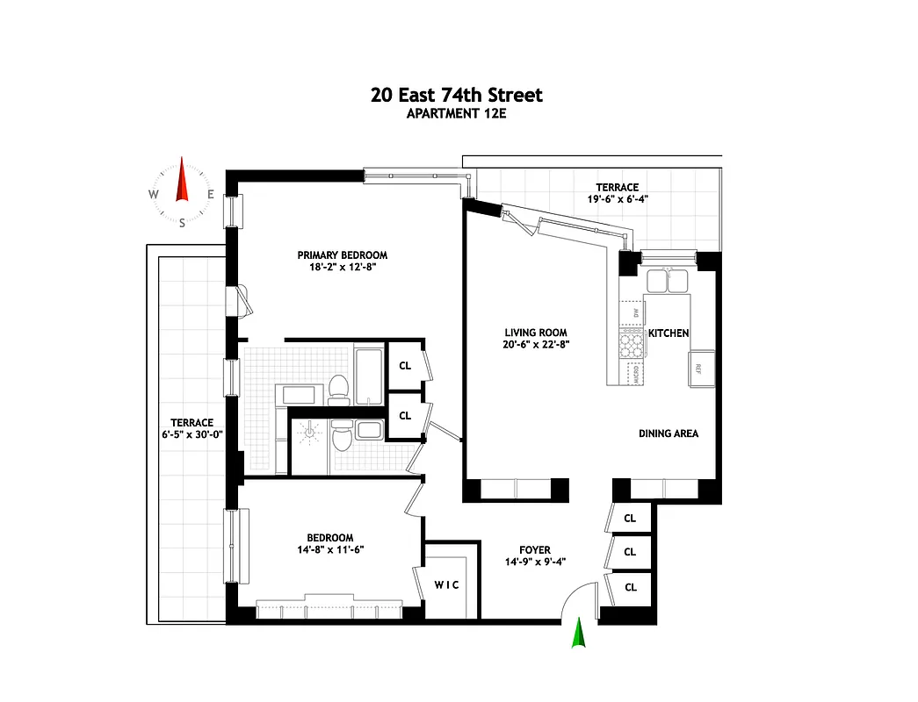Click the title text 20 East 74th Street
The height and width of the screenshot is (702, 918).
click(457, 95)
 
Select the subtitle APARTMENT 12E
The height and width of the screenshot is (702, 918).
click(457, 113)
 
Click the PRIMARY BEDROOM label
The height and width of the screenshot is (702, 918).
click(342, 255)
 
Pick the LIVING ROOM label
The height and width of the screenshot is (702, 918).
click(535, 333)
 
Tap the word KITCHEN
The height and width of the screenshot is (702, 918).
click(669, 333)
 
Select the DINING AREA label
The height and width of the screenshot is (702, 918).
click(668, 433)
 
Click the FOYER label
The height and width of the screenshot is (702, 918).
click(535, 550)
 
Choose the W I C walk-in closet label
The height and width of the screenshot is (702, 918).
click(448, 585)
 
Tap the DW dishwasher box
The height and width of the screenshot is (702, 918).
click(632, 313)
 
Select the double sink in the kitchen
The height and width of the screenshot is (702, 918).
click(666, 281)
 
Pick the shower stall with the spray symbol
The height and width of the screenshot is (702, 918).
click(309, 433)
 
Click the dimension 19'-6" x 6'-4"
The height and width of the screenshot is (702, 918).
click(617, 199)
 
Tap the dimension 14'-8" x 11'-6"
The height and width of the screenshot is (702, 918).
click(329, 549)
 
